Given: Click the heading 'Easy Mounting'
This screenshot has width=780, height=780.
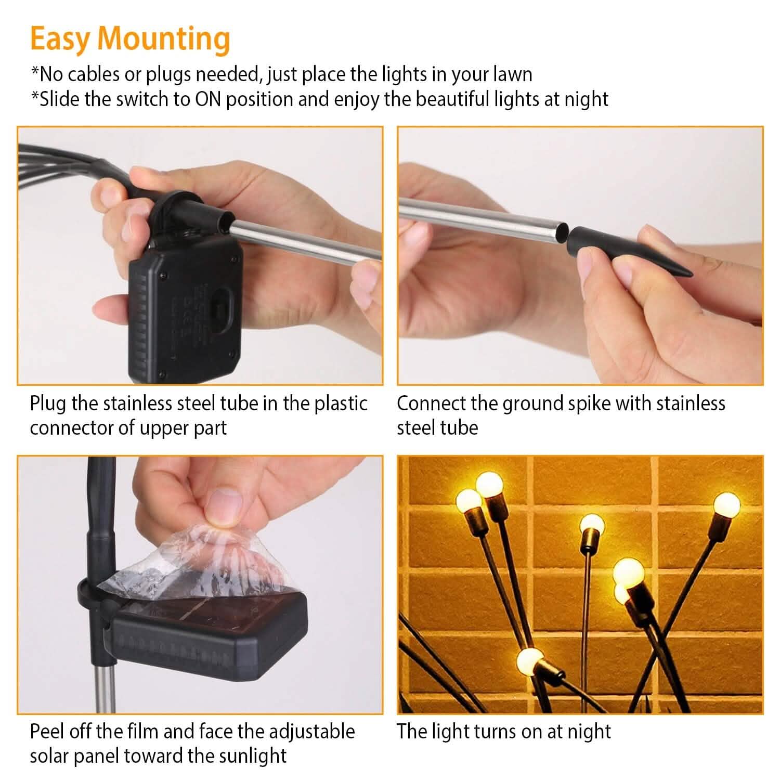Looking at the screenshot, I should pos(130,40).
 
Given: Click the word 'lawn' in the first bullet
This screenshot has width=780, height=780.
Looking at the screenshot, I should pos(512,74).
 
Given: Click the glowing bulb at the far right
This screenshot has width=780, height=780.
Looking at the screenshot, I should pos(726,503).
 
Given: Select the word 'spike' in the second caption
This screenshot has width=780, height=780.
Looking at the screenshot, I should pos(590,404).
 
